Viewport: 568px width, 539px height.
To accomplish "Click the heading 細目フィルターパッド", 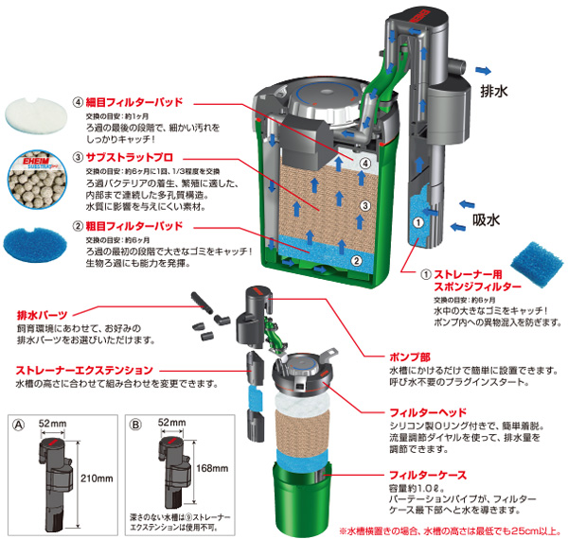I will click(x=130, y=102).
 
